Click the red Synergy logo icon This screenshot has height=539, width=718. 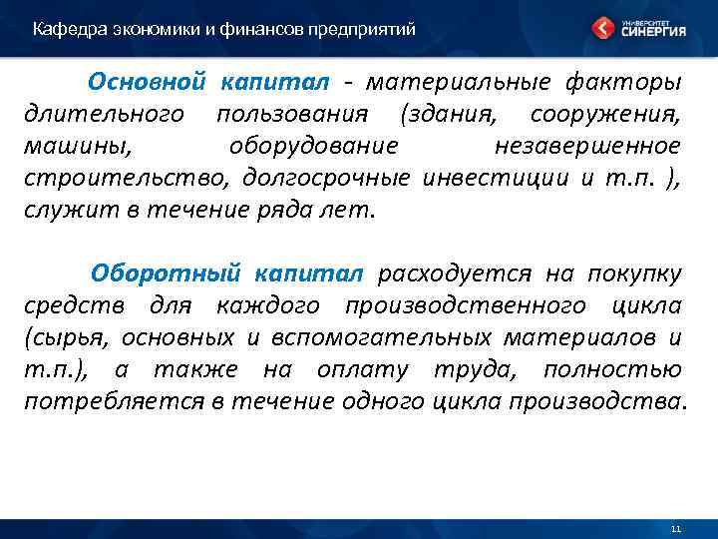pos(602,27)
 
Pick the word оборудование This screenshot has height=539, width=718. pos(314,146)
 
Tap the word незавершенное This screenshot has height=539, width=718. pos(587,146)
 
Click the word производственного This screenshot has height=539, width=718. pos(471,304)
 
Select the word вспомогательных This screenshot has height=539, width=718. pos(406,337)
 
